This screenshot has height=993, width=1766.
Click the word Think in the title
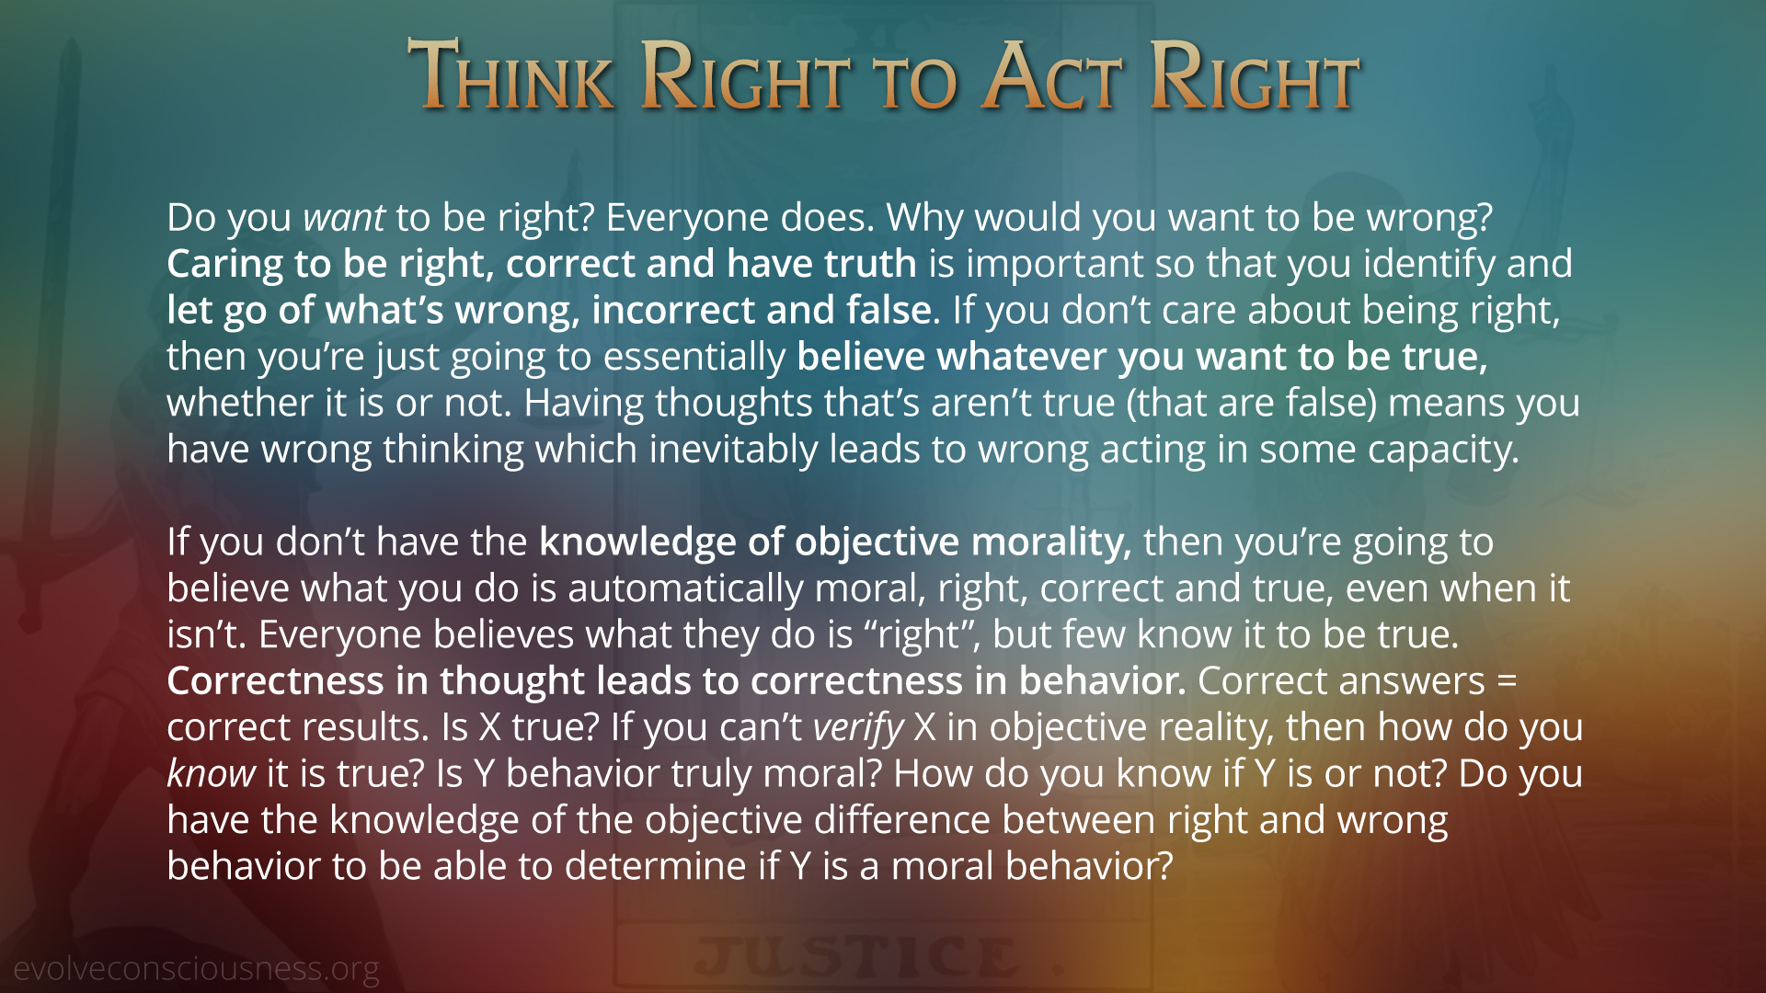click(x=511, y=75)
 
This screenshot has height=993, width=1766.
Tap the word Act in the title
click(x=1052, y=75)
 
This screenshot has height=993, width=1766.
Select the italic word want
click(x=344, y=219)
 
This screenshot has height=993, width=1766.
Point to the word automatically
click(x=686, y=588)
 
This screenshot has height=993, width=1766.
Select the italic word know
click(x=211, y=773)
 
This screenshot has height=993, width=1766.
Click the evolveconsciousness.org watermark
click(x=196, y=968)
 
